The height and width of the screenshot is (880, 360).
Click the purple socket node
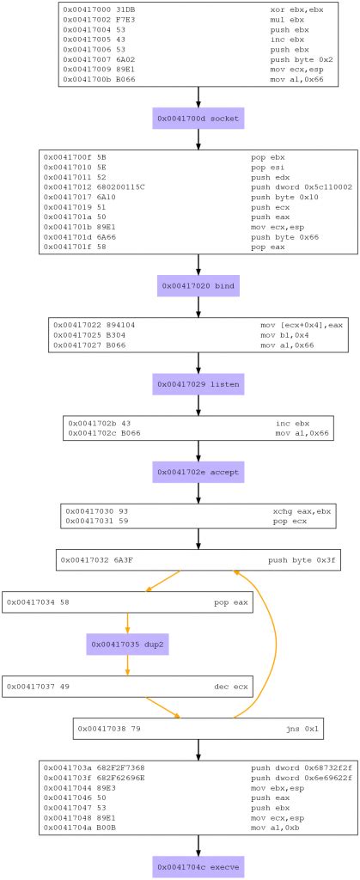tap(199, 118)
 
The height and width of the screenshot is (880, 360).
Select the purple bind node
tap(199, 284)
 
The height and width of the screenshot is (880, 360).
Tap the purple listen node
tap(199, 383)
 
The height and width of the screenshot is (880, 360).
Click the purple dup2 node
tap(126, 644)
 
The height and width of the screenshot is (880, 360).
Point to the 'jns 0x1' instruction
tap(308, 729)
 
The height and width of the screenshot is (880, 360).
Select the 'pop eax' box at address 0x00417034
tap(126, 602)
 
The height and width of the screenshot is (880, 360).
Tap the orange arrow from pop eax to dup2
tap(126, 622)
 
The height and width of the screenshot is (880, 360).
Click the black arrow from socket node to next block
tap(199, 139)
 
